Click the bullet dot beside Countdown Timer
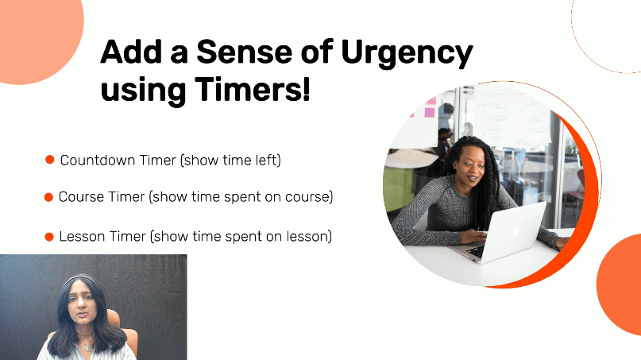pos(49,161)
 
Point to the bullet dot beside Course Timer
pos(49,196)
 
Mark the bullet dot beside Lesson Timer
pos(49,237)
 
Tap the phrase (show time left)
pos(230,161)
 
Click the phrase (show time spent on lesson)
pos(241,237)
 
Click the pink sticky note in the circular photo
pos(430,109)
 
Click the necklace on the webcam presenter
pos(85,346)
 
